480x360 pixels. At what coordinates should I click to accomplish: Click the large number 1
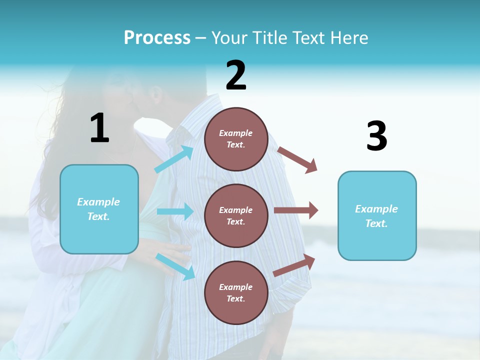99,128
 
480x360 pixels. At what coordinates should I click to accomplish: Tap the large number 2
236,75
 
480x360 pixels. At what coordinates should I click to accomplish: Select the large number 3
376,136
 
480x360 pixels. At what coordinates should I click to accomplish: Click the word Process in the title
157,37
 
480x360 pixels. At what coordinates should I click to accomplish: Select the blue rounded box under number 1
99,209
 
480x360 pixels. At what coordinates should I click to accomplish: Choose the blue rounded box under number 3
376,215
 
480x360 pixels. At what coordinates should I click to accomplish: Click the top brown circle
236,139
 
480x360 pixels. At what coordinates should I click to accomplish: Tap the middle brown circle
236,215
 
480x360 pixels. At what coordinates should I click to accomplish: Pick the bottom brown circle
236,292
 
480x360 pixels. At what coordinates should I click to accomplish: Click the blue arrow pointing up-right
174,159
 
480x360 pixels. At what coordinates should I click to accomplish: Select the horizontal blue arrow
175,211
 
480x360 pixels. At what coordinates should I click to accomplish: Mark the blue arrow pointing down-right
175,266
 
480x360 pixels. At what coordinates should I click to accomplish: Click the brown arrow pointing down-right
297,159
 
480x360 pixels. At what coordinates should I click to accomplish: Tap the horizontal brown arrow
296,210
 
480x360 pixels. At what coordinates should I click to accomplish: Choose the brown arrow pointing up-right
294,265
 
